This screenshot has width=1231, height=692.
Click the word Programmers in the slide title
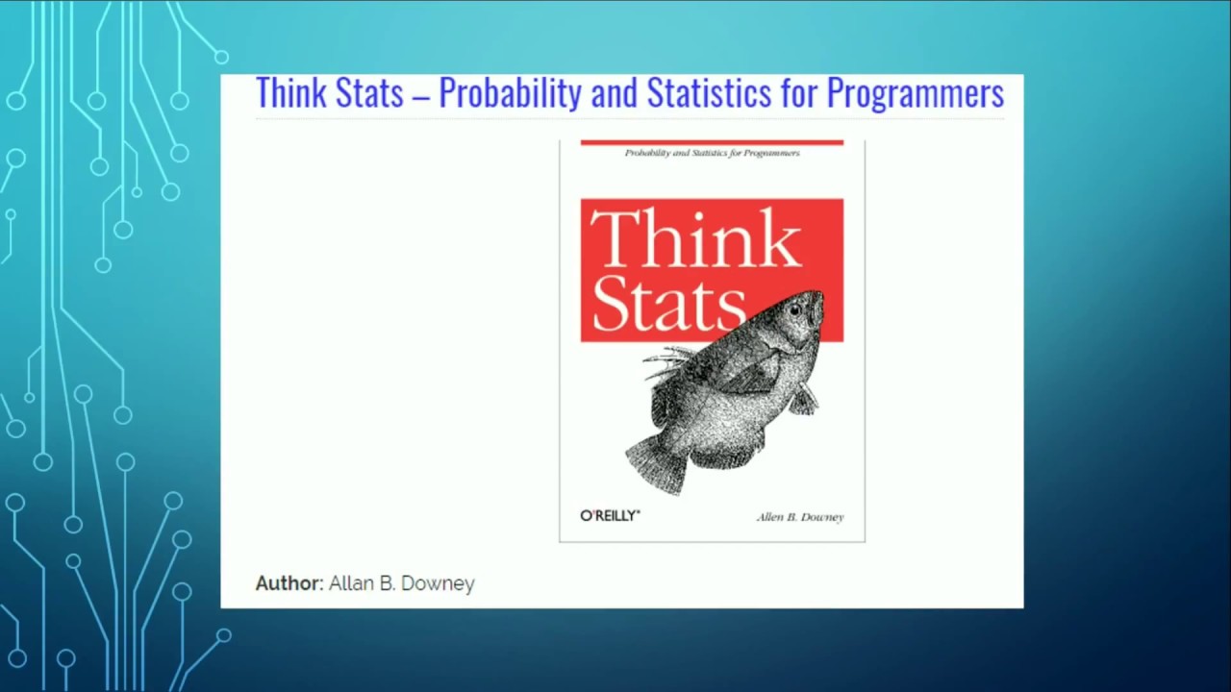coord(915,94)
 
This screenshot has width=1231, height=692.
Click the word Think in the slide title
coord(289,94)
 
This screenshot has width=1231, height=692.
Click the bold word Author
coord(289,583)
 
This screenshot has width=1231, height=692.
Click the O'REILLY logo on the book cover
coord(610,516)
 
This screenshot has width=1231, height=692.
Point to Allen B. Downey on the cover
coord(799,517)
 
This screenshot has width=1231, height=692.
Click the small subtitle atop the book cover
coord(712,153)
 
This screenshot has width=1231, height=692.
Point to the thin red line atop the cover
coord(712,142)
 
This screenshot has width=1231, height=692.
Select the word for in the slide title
coord(798,94)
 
